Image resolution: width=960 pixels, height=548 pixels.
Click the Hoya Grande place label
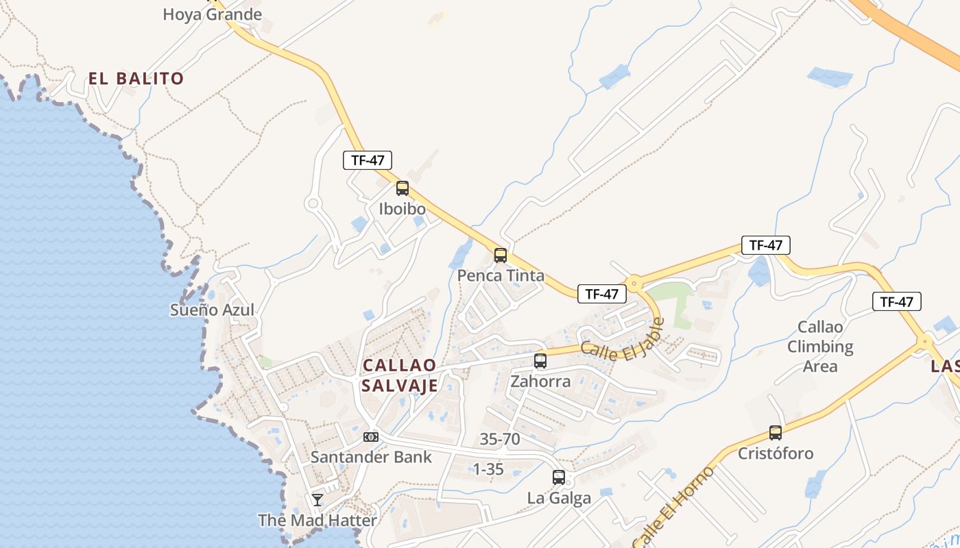pyautogui.click(x=212, y=14)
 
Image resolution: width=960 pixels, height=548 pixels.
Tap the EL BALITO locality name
pyautogui.click(x=136, y=78)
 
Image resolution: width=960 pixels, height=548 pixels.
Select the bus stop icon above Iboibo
pyautogui.click(x=403, y=188)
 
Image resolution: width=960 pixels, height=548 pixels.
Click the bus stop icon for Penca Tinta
pyautogui.click(x=501, y=256)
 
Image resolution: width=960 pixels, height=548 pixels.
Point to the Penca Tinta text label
pyautogui.click(x=501, y=276)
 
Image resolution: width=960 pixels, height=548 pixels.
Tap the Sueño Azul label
pyautogui.click(x=212, y=310)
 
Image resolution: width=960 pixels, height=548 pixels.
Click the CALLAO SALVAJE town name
pyautogui.click(x=400, y=375)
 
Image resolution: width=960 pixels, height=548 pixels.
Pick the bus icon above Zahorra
pyautogui.click(x=540, y=361)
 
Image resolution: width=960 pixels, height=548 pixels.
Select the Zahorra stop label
pyautogui.click(x=540, y=381)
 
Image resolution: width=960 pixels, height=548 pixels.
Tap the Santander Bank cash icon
pyautogui.click(x=371, y=436)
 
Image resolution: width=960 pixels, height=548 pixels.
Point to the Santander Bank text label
pyautogui.click(x=371, y=457)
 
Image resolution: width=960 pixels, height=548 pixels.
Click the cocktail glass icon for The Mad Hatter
pyautogui.click(x=317, y=499)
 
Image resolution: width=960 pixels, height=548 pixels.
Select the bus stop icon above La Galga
pyautogui.click(x=559, y=477)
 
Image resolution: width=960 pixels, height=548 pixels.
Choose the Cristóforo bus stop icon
pyautogui.click(x=776, y=433)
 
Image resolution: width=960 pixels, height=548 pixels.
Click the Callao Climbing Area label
pyautogui.click(x=820, y=347)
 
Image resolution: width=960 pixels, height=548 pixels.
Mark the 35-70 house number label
pyautogui.click(x=500, y=439)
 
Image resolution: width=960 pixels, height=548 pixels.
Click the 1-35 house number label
pyautogui.click(x=488, y=469)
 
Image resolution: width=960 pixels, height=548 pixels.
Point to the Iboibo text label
pyautogui.click(x=403, y=209)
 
